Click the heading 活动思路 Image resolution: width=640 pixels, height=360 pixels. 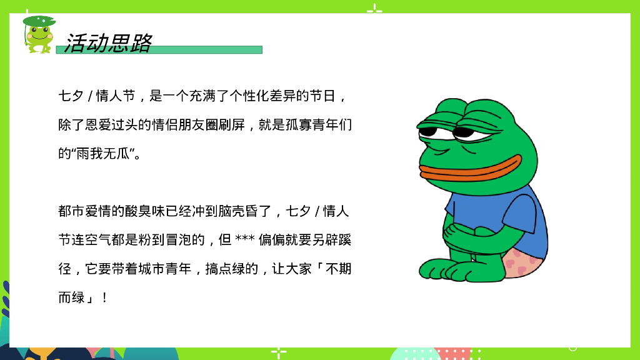point(108,42)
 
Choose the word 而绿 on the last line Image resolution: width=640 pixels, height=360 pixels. point(71,297)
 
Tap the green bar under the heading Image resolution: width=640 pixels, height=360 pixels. point(206,50)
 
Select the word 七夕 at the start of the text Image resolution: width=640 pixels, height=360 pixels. point(71,96)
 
